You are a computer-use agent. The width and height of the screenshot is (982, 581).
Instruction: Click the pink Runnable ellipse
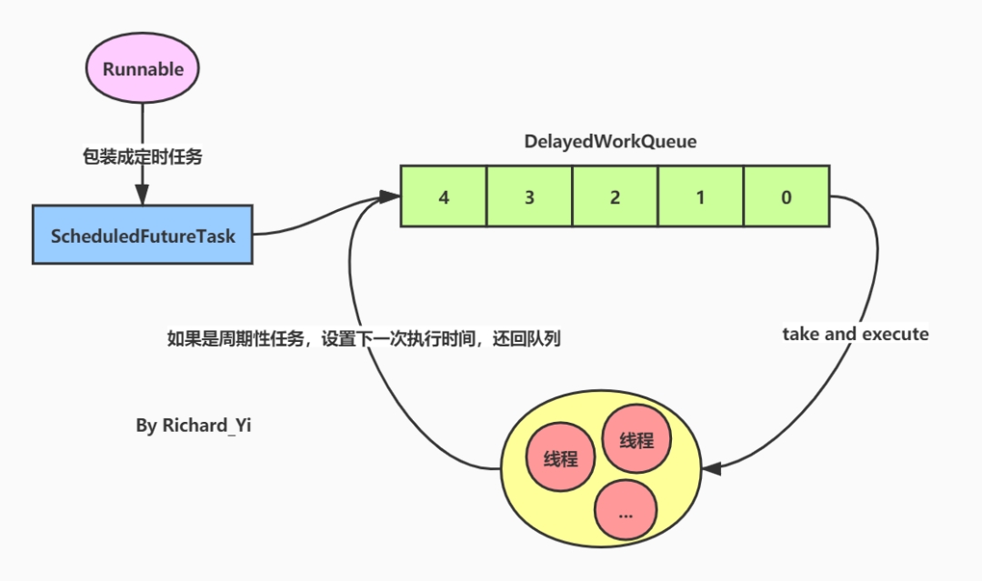click(143, 69)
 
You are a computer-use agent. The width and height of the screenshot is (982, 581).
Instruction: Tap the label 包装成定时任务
click(142, 156)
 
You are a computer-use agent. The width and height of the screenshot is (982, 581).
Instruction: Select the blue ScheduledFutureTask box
click(143, 235)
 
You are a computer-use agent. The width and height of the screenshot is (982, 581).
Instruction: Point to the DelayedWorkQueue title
click(610, 142)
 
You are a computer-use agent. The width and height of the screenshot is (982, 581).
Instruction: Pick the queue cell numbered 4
click(444, 195)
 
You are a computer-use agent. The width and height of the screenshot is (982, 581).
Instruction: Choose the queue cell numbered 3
click(529, 195)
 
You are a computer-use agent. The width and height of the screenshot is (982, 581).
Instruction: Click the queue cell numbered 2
click(615, 195)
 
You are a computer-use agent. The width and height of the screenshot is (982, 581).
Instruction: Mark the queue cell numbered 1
click(700, 195)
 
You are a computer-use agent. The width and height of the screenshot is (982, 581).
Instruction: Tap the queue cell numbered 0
click(786, 195)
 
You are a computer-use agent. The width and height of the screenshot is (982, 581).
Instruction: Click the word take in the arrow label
click(802, 334)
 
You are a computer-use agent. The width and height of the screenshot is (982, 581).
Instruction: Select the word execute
click(896, 334)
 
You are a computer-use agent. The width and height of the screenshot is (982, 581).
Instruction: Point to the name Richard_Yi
click(205, 425)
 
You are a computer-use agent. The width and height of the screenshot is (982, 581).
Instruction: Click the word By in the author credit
click(146, 425)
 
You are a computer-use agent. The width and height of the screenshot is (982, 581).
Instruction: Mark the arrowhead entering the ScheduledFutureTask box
click(142, 195)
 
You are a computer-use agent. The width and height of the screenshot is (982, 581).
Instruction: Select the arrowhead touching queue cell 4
click(392, 195)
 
